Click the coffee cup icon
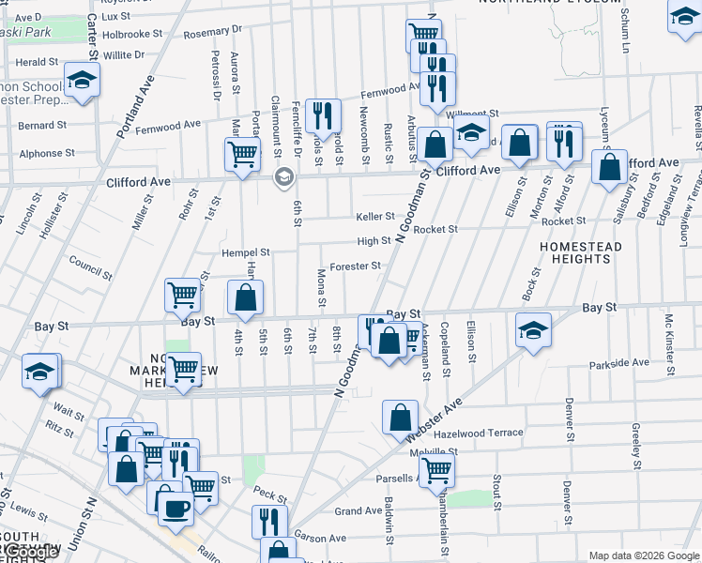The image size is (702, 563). point(175,510)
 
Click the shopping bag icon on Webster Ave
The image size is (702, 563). point(401,416)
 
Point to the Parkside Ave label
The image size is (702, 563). point(618,363)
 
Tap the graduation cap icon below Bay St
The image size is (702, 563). point(533,329)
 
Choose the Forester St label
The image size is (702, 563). point(355,266)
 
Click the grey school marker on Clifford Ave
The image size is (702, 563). point(282,176)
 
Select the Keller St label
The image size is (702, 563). point(375,217)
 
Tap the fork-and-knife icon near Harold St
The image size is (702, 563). point(323,115)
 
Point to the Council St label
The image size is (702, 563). point(91,269)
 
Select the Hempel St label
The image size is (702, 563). point(246,252)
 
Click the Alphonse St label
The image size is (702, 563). point(40,153)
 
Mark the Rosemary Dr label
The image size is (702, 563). point(206,34)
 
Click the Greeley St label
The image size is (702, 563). point(635,448)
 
